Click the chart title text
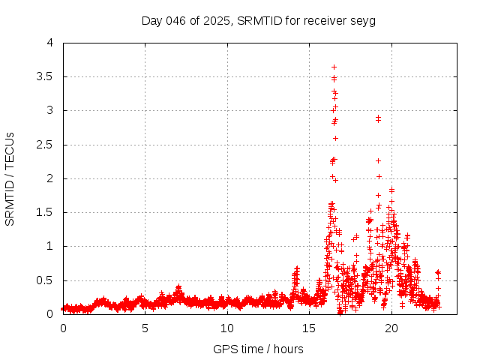tap(259, 20)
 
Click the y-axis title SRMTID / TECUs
tap(10, 178)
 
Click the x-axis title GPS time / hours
tap(258, 349)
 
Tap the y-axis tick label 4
tap(50, 43)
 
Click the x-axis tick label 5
tap(145, 328)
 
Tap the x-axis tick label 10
tap(226, 328)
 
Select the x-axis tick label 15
tap(308, 328)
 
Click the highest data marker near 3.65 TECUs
tap(334, 67)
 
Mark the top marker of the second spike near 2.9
tap(378, 117)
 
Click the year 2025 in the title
tap(218, 20)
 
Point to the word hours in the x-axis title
tap(288, 349)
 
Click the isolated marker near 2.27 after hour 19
tap(378, 160)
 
